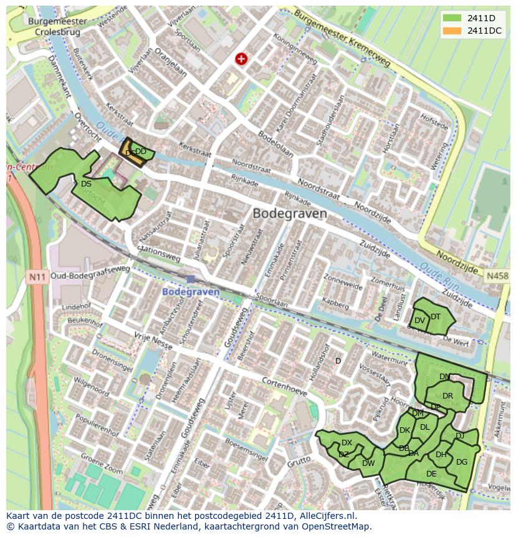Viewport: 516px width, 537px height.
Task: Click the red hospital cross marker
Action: (x=241, y=59)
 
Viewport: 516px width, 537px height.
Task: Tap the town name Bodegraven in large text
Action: (x=290, y=213)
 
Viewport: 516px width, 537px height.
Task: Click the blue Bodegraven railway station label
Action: (x=191, y=292)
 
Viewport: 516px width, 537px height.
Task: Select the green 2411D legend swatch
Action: (x=452, y=17)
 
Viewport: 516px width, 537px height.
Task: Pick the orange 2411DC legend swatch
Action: (x=452, y=31)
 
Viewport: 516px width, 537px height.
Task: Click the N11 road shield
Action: (x=37, y=276)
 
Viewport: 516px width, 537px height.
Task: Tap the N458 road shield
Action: (x=497, y=276)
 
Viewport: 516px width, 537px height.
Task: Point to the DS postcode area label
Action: (x=86, y=184)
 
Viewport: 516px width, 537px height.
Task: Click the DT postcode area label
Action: (x=436, y=317)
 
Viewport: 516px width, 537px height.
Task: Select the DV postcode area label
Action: (x=419, y=321)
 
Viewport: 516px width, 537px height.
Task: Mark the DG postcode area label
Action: (x=462, y=462)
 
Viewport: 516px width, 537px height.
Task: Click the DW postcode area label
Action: (x=368, y=463)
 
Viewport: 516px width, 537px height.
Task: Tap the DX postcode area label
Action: (x=347, y=443)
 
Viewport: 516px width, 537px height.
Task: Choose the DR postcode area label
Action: (x=447, y=396)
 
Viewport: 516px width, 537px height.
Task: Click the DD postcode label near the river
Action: (x=141, y=152)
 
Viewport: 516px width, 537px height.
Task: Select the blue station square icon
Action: (x=191, y=279)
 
